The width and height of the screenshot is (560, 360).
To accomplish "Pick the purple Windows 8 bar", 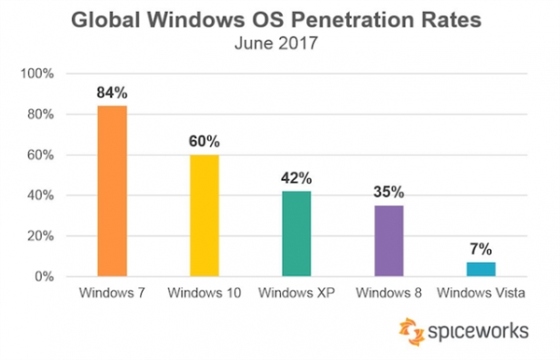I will [x=387, y=241].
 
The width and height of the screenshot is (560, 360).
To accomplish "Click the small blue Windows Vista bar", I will [x=480, y=270].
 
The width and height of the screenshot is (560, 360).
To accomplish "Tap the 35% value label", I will [x=387, y=192].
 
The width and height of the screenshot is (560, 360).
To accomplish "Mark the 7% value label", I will [x=480, y=249].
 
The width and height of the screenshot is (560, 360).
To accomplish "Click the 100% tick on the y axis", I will [x=47, y=74].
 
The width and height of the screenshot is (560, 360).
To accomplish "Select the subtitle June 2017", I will [x=280, y=42].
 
